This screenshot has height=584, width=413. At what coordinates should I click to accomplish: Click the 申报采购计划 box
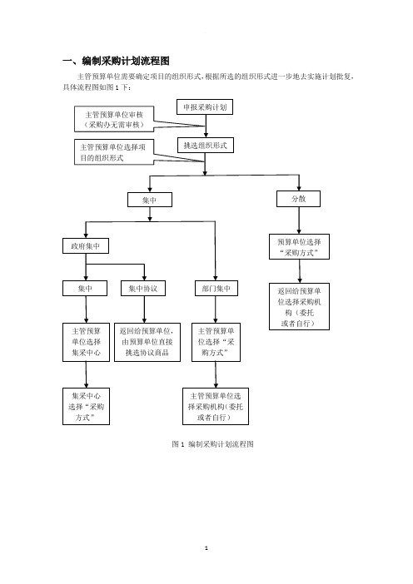coord(205,107)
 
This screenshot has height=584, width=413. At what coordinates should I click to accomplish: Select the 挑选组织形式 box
coord(206,146)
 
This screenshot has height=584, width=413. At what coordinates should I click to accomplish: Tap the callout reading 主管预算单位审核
coord(114,119)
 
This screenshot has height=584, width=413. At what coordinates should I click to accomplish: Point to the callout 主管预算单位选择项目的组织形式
coord(114,152)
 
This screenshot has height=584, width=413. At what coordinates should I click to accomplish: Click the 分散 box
coord(298,199)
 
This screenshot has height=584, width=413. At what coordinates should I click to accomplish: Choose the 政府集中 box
coord(86,246)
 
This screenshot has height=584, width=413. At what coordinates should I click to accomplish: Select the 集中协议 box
coord(143,289)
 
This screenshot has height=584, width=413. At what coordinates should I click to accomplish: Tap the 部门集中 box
coord(216,289)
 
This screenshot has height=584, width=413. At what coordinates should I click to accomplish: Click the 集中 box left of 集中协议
coord(85,289)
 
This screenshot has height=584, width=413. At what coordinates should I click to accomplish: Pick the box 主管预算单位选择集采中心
coord(86,342)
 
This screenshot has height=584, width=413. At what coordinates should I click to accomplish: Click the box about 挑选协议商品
coord(147,342)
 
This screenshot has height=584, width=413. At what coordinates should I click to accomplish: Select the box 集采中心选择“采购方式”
coord(86,406)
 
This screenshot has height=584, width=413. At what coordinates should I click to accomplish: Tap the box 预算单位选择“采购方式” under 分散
coord(299,246)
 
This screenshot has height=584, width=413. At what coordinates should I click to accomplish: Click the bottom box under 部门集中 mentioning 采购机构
coord(216,406)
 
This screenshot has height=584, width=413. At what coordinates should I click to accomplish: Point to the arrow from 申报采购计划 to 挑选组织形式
coord(206,126)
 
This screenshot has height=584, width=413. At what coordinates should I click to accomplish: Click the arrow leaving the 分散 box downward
coord(299,220)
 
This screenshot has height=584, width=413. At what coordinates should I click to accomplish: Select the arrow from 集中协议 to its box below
coord(144,309)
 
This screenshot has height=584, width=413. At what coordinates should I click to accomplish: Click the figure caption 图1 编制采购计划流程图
coord(212,444)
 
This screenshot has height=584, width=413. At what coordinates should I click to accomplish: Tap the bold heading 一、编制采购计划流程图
coord(116,61)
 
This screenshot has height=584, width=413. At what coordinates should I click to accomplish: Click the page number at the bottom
coord(206,548)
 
